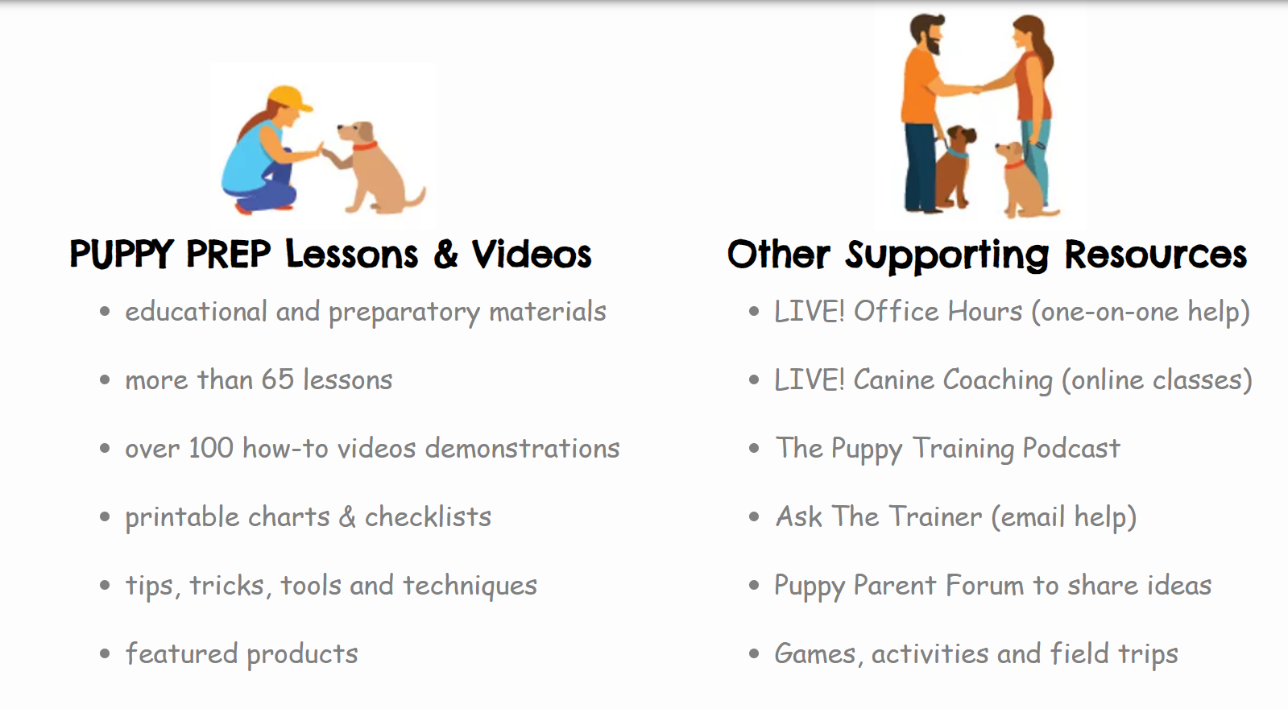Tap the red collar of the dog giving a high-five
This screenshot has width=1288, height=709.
tap(365, 146)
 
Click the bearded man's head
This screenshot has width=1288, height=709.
tap(926, 33)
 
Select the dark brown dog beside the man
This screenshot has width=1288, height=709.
tap(955, 167)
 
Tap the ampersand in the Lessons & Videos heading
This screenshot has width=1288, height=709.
tap(445, 254)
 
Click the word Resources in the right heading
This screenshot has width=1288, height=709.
tap(1155, 254)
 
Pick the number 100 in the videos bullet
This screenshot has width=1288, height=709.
tap(211, 448)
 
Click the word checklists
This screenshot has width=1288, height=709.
tap(428, 516)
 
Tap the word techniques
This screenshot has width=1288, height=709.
tap(470, 586)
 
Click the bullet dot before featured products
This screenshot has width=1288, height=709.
tap(105, 653)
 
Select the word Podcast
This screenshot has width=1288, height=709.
tap(1071, 448)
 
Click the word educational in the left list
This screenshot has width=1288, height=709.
tap(196, 311)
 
